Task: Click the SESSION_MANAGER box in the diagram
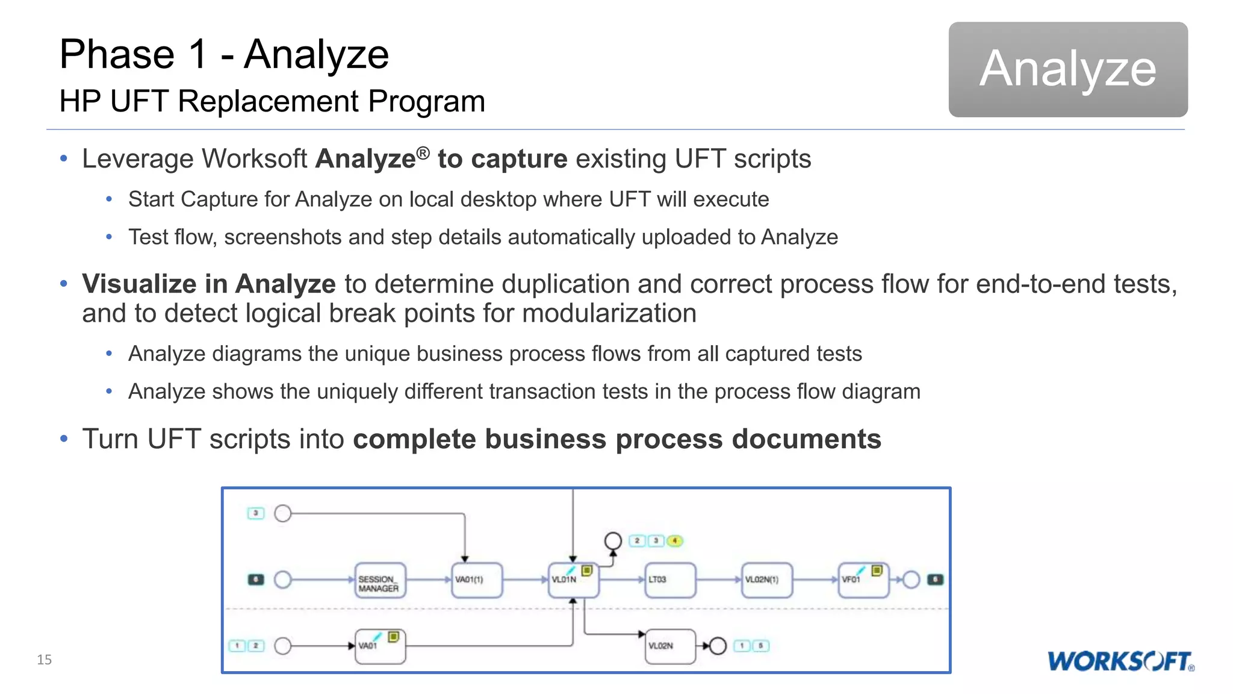tap(380, 581)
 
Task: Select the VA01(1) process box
tap(477, 581)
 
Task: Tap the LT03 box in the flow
tap(670, 581)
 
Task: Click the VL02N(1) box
tap(766, 581)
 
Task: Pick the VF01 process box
tap(863, 581)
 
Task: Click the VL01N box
tap(573, 581)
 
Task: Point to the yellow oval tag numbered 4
tap(675, 541)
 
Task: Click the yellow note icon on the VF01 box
tap(877, 571)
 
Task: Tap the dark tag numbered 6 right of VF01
tap(935, 580)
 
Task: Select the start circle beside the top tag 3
tap(283, 513)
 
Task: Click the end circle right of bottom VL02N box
tap(718, 646)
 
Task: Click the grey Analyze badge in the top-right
tap(1067, 69)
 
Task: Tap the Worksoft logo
tap(1120, 661)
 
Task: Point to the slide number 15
tap(44, 660)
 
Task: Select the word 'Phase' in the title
tap(117, 55)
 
